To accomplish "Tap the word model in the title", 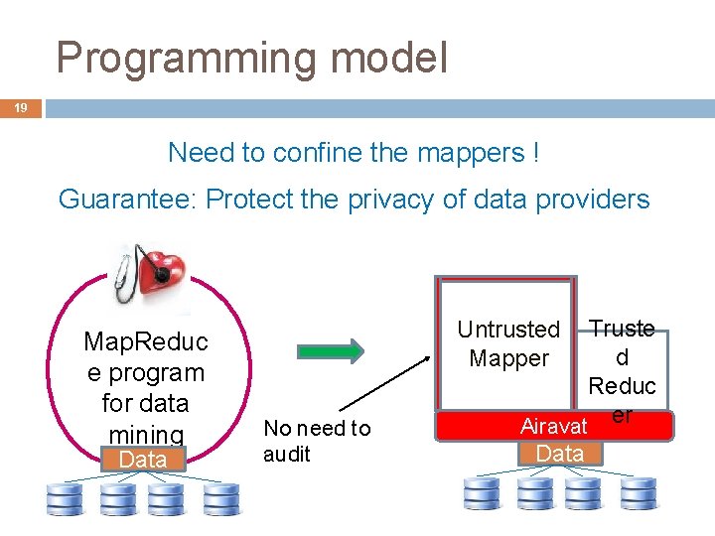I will coord(389,59).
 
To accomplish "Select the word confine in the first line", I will coord(318,153).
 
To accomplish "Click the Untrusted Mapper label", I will coord(508,343).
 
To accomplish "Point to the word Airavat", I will coord(553,427).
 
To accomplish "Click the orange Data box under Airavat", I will coord(559,454).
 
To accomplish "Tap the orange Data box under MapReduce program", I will coord(143,460).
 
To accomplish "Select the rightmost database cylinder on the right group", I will coord(638,494).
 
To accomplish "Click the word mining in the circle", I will coord(146,434).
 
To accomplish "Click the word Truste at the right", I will coord(622,329).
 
